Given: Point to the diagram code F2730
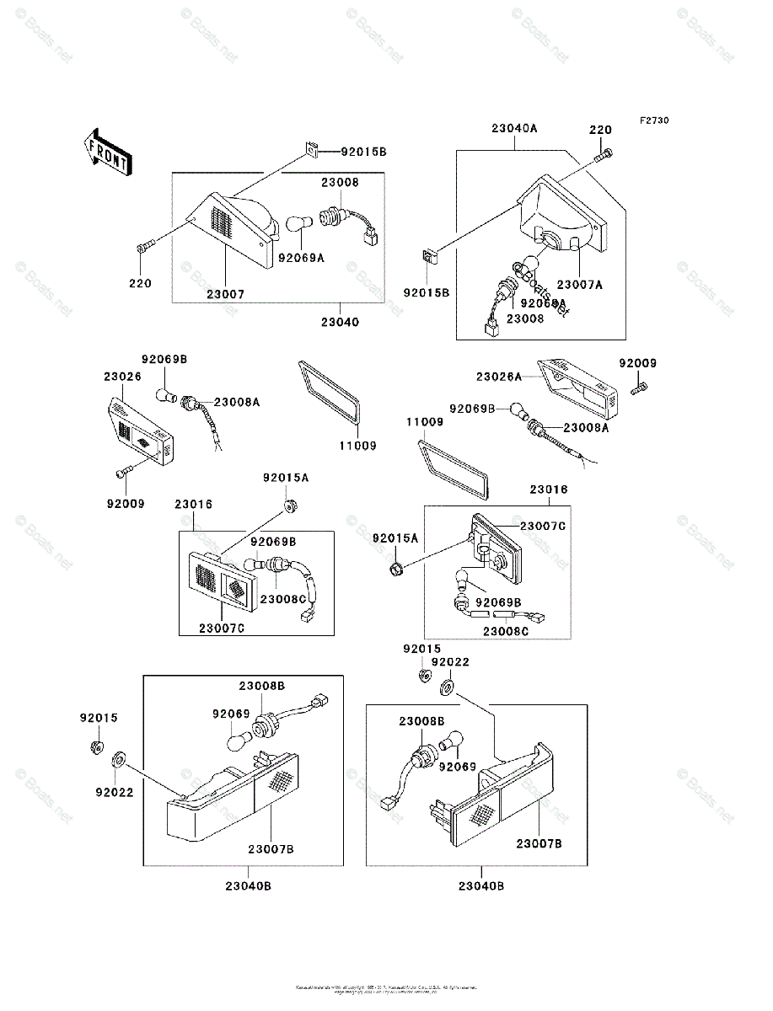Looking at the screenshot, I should [x=653, y=120].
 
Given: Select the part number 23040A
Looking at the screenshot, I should [x=514, y=129].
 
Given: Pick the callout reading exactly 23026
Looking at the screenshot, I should [x=123, y=377].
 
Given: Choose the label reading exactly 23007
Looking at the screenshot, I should [x=226, y=294].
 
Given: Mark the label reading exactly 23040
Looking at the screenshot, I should [x=340, y=322].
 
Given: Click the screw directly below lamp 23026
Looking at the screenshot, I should [x=126, y=472].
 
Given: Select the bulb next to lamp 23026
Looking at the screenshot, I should [x=166, y=395].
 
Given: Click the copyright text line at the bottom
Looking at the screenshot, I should [x=386, y=987].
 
